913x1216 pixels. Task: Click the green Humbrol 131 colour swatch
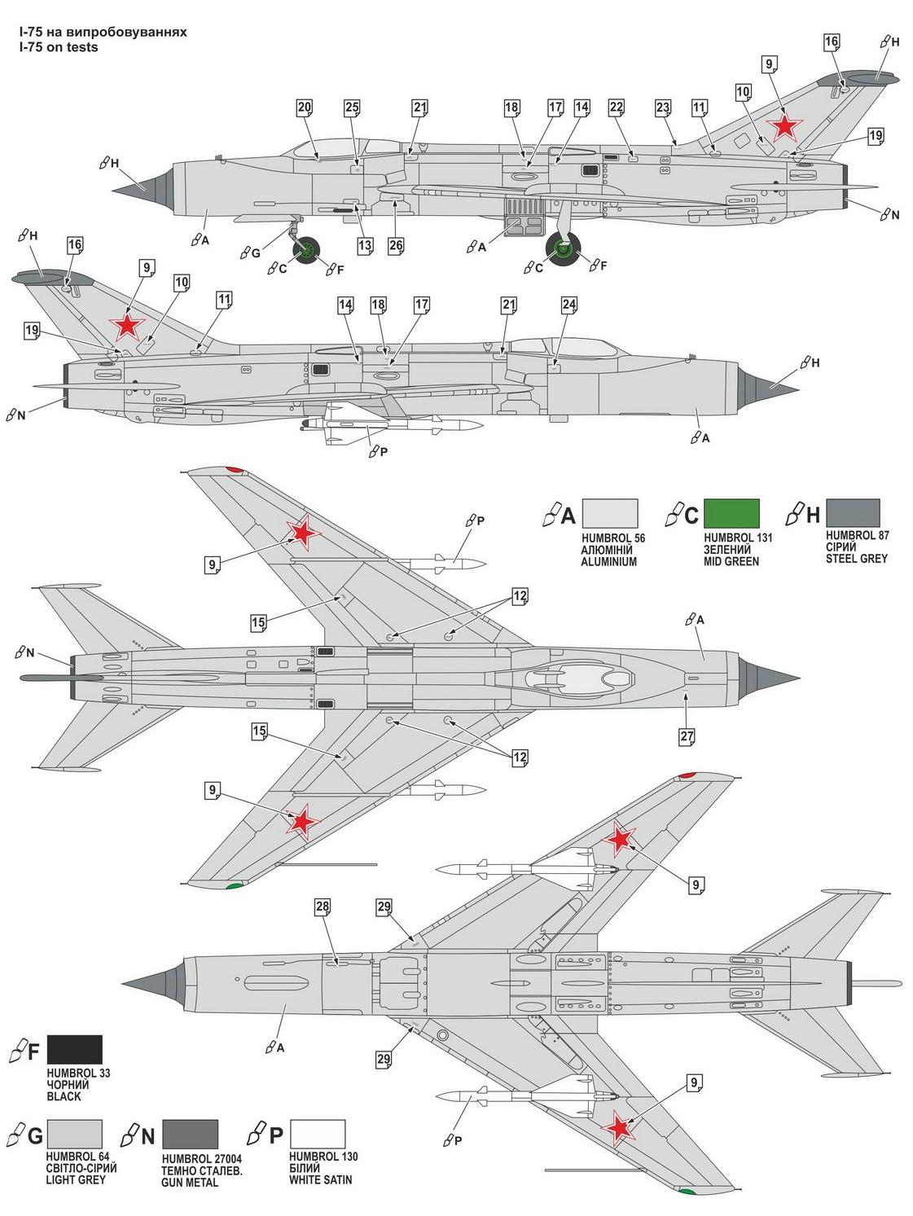coord(731,513)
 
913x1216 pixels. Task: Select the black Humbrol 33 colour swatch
coord(75,1049)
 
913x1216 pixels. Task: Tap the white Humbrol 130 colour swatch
coord(318,1134)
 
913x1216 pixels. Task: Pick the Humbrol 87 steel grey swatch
coord(853,513)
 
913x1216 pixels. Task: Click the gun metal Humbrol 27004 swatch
coord(190,1134)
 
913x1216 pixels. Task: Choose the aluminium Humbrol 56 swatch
coord(610,513)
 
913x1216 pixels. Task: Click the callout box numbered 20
coord(304,108)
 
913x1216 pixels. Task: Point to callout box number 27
coord(687,736)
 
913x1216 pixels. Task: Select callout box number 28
coord(323,907)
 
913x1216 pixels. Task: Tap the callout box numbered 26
coord(395,245)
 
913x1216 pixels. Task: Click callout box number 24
coord(568,305)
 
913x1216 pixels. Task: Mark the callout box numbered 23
coord(662,108)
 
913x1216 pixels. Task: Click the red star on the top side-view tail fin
coord(784,125)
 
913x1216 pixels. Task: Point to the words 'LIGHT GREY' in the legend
coord(76,1179)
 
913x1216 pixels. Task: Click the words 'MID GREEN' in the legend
coord(731,562)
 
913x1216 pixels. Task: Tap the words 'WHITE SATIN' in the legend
coord(321,1179)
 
